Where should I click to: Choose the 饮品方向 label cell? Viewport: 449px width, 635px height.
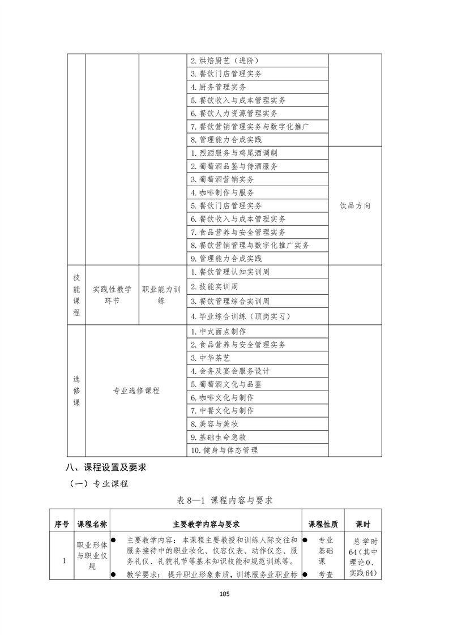pyautogui.click(x=355, y=205)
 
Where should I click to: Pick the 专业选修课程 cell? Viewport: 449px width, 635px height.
pyautogui.click(x=136, y=391)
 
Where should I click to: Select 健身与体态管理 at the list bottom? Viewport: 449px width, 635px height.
pyautogui.click(x=224, y=450)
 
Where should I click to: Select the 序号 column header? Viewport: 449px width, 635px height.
pyautogui.click(x=62, y=524)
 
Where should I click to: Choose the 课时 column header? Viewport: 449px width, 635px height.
pyautogui.click(x=362, y=524)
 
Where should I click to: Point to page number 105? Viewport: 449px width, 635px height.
pyautogui.click(x=225, y=594)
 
